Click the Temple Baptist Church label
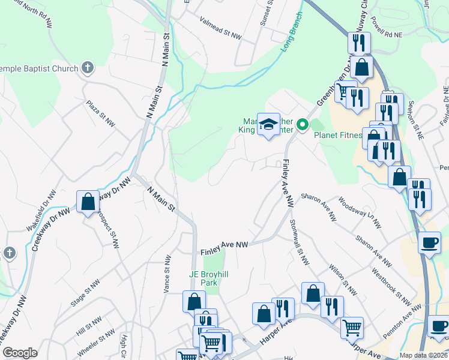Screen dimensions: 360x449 click(x=39, y=68)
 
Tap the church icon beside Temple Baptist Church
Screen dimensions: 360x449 click(x=88, y=67)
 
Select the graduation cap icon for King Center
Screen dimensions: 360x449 click(x=268, y=124)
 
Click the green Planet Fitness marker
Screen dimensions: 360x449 click(x=303, y=124)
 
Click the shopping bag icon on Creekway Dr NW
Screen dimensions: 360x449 click(x=88, y=202)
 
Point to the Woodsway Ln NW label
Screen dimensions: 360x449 click(x=360, y=213)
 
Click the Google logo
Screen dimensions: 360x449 click(x=20, y=353)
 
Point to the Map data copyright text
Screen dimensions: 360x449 click(x=423, y=355)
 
